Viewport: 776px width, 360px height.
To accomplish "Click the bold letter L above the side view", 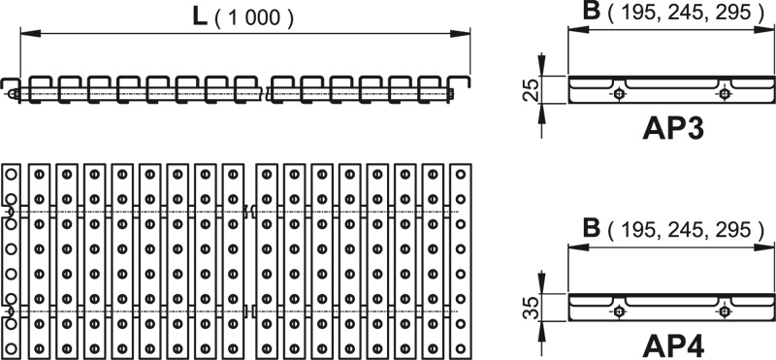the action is coord(199,16).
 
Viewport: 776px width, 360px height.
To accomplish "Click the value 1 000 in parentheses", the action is coord(255,18).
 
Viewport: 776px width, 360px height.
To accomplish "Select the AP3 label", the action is coord(673,129).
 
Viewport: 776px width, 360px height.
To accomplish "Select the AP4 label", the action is coord(673,346).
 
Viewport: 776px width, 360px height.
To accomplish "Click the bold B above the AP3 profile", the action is coord(592,11).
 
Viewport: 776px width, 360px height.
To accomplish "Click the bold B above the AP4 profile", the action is coord(592,228).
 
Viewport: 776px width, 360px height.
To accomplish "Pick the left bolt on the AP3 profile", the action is coord(619,93).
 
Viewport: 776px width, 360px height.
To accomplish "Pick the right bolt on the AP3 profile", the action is coord(725,93).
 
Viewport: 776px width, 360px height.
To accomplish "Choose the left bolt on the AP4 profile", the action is coord(619,311).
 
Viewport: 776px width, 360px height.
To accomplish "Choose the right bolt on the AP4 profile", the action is coord(725,311).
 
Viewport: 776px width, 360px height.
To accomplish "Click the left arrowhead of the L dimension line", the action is coord(30,33).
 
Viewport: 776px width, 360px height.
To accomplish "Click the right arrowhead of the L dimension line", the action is coord(460,33).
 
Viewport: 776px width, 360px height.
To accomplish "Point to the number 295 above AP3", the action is coord(733,14).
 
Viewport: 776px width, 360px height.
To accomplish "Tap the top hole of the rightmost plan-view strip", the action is coord(461,174).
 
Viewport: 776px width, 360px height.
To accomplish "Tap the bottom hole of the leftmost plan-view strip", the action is coord(12,347).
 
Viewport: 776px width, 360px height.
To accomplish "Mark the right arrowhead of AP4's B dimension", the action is coord(764,246).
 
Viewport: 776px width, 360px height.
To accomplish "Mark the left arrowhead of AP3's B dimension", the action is coord(578,30).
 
